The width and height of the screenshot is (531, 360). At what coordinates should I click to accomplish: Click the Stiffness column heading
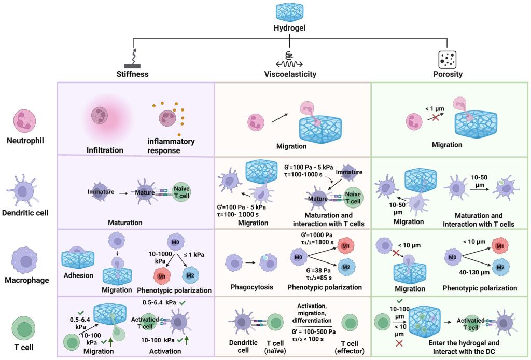click(132, 74)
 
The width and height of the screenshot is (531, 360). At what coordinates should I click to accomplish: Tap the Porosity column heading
click(447, 74)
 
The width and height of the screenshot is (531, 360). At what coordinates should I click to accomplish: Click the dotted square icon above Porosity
click(447, 58)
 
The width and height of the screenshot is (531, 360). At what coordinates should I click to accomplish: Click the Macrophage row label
click(29, 280)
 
